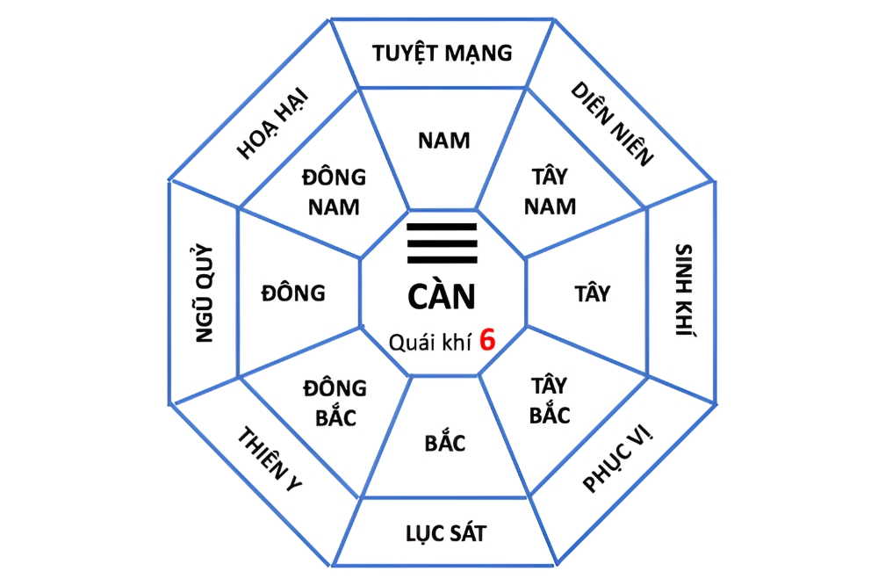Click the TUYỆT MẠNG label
click(x=442, y=54)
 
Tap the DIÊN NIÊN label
click(x=612, y=124)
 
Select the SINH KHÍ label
click(x=685, y=290)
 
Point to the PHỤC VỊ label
click(x=617, y=459)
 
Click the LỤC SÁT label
click(x=446, y=533)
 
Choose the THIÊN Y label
click(x=270, y=459)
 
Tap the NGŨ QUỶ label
click(x=205, y=293)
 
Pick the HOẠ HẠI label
click(x=272, y=123)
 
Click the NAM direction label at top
click(x=444, y=141)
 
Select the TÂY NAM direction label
click(x=550, y=192)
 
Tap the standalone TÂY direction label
click(x=593, y=293)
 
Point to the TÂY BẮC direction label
click(x=550, y=401)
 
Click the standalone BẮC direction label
click(x=445, y=442)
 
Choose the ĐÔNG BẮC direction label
click(x=335, y=402)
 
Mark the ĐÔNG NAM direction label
click(x=334, y=192)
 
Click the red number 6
click(x=487, y=340)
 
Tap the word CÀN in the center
click(x=442, y=296)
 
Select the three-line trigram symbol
click(x=442, y=243)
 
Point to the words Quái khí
click(x=430, y=343)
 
